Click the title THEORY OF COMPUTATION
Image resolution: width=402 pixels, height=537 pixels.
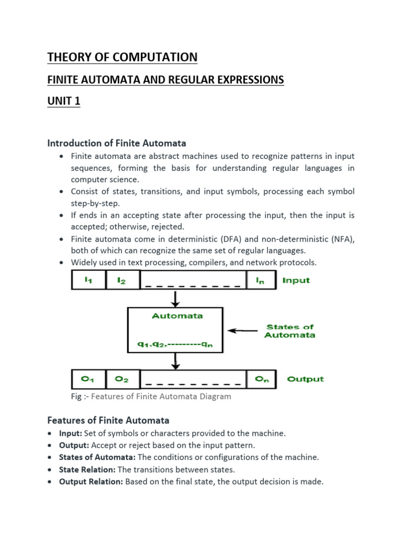122,57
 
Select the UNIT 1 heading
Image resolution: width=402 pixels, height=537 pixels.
64,101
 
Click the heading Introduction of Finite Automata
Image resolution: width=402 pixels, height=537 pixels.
117,143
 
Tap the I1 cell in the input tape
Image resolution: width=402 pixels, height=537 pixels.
88,280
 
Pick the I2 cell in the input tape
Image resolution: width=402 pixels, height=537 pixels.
121,280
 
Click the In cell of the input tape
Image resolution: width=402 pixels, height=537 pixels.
260,280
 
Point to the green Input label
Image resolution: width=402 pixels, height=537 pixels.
296,280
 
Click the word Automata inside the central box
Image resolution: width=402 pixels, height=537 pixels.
177,316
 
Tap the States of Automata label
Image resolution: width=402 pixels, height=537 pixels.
290,331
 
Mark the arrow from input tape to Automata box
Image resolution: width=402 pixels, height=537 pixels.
176,299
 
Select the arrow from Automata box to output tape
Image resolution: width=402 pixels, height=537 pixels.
176,361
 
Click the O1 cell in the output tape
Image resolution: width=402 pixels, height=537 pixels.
88,379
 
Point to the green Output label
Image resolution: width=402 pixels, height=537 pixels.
305,379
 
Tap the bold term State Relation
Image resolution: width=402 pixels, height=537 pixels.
87,469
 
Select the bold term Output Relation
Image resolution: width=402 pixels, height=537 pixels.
91,481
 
